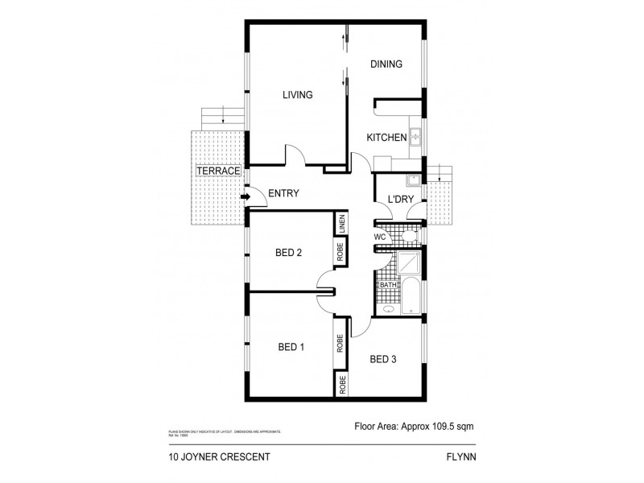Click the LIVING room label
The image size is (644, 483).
pos(297,95)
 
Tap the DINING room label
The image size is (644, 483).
pos(386,64)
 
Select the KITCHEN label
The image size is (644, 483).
pos(386,138)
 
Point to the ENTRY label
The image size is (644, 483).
pos(283,193)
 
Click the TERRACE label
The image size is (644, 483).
pos(218,171)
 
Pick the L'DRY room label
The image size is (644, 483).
pos(401,199)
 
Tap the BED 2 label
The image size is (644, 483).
pos(288,253)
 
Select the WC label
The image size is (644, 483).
pos(381,237)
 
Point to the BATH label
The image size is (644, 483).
pos(388,285)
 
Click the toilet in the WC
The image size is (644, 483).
pos(409,236)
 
